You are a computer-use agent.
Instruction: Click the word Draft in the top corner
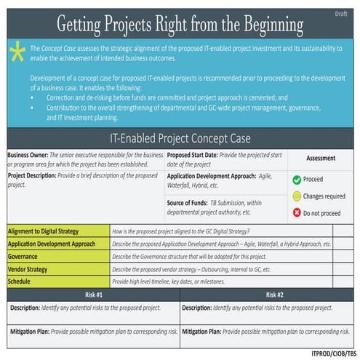341,14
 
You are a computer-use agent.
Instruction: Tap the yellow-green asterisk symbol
17,53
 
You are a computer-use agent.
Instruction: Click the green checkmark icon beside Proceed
297,179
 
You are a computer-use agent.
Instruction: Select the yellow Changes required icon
297,196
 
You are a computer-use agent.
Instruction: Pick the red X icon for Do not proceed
297,212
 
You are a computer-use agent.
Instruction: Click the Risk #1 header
92,295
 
